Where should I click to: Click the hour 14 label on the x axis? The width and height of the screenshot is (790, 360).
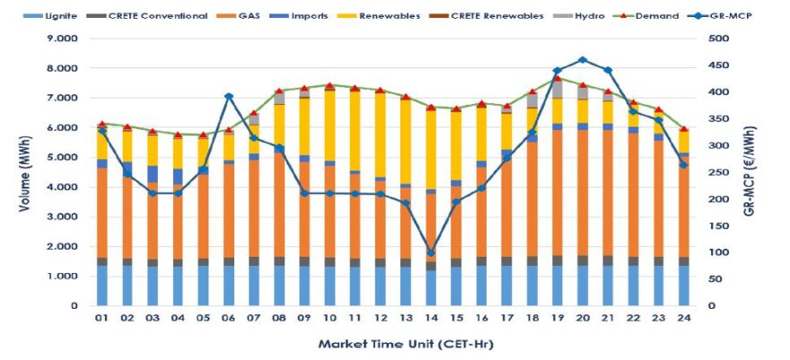pyautogui.click(x=431, y=318)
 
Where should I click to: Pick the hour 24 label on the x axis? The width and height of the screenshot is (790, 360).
pyautogui.click(x=683, y=318)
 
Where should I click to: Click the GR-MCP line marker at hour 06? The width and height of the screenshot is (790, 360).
pyautogui.click(x=229, y=96)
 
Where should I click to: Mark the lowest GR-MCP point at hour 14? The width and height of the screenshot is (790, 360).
pyautogui.click(x=431, y=253)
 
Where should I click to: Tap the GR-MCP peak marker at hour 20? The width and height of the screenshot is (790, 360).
pyautogui.click(x=583, y=60)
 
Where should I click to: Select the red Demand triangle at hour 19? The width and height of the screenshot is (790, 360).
pyautogui.click(x=557, y=78)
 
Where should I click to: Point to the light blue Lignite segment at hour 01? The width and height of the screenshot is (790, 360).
pyautogui.click(x=102, y=285)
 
